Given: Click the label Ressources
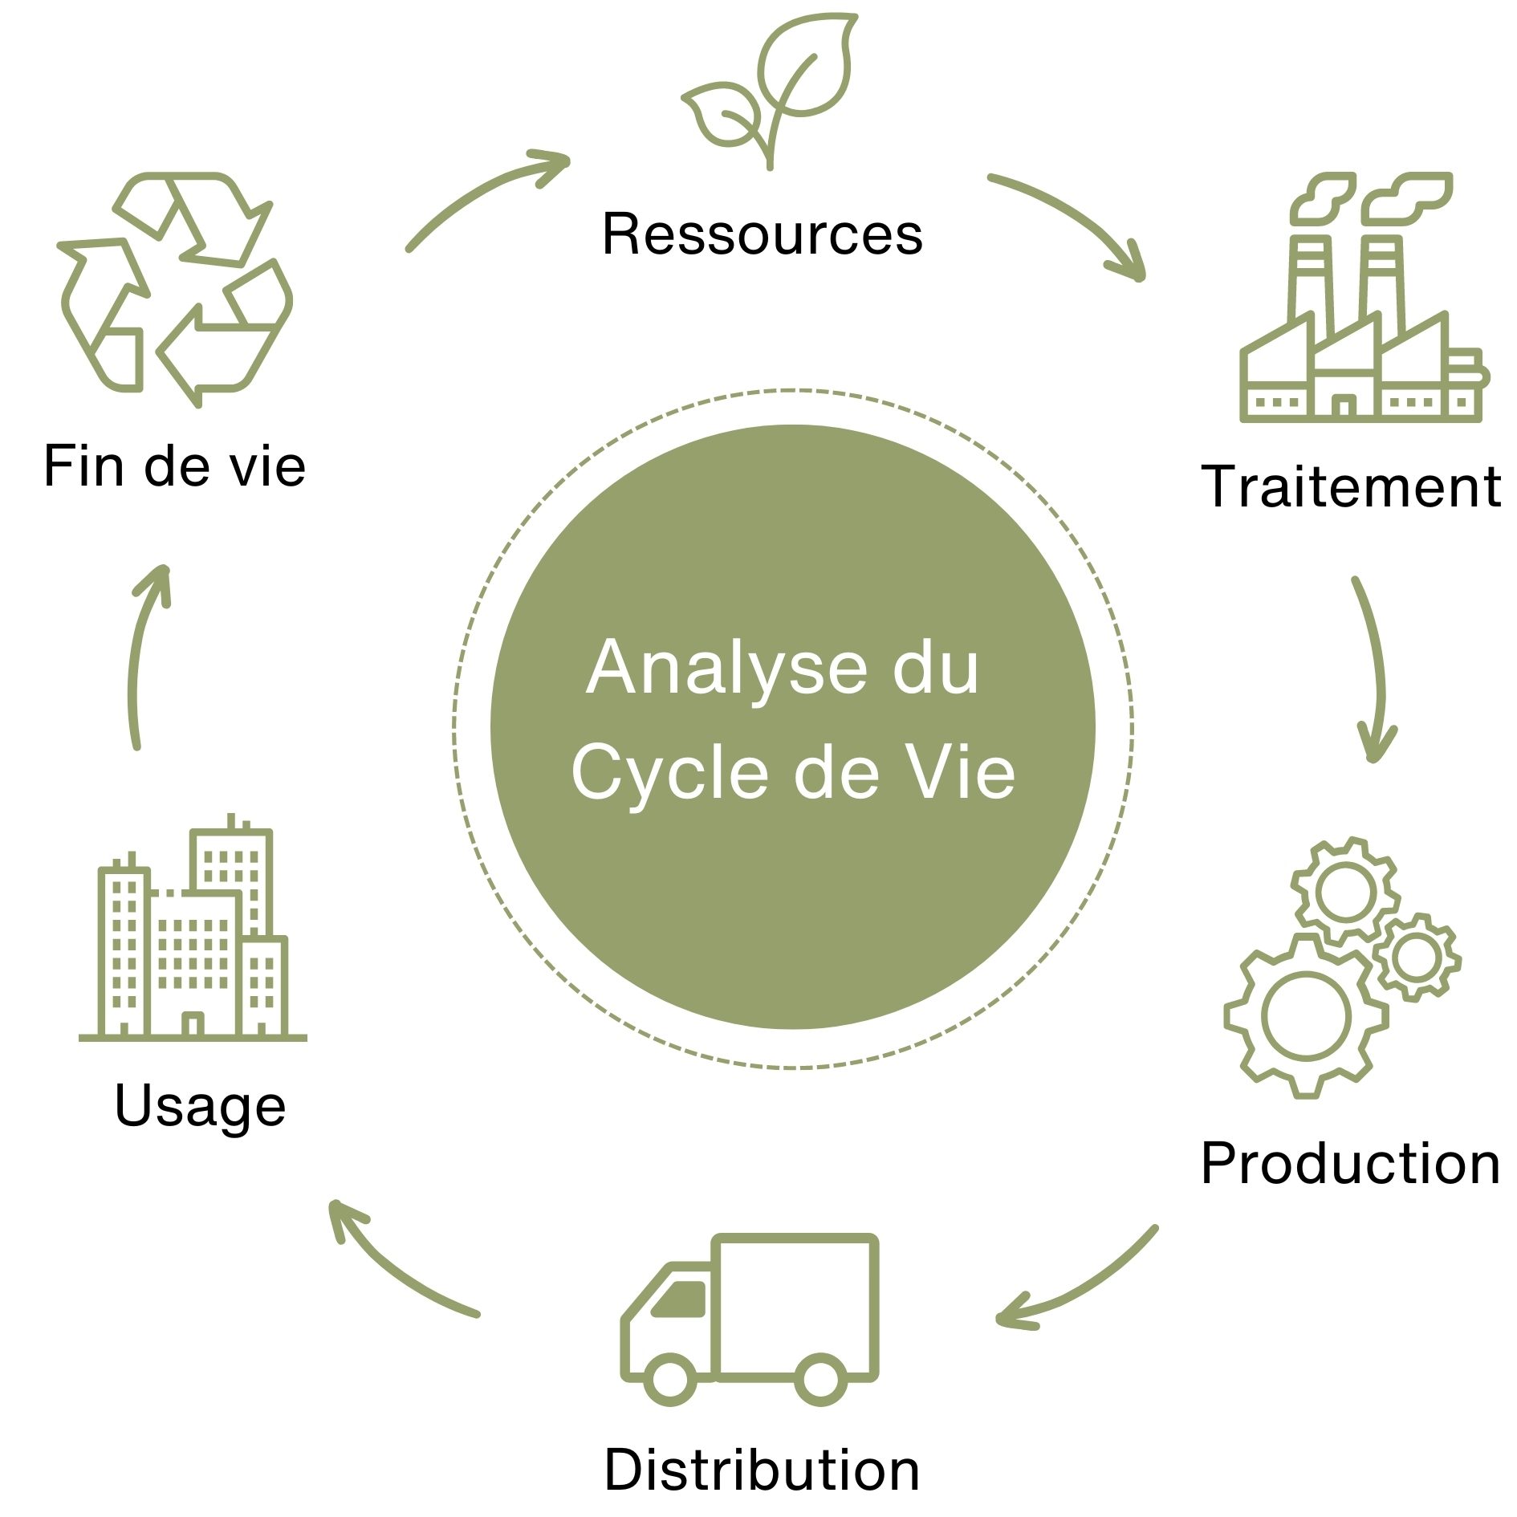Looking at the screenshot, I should tap(762, 234).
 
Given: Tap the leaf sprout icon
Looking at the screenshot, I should tap(768, 88).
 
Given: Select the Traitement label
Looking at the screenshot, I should tap(1351, 486).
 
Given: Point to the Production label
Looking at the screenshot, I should tap(1350, 1163).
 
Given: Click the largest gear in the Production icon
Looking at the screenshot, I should tap(1305, 1015).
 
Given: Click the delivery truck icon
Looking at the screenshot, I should tap(750, 1316).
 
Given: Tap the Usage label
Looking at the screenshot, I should tap(200, 1106).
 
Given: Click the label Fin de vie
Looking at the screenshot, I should tap(174, 466).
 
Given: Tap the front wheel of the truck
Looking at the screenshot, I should tap(669, 1379).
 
